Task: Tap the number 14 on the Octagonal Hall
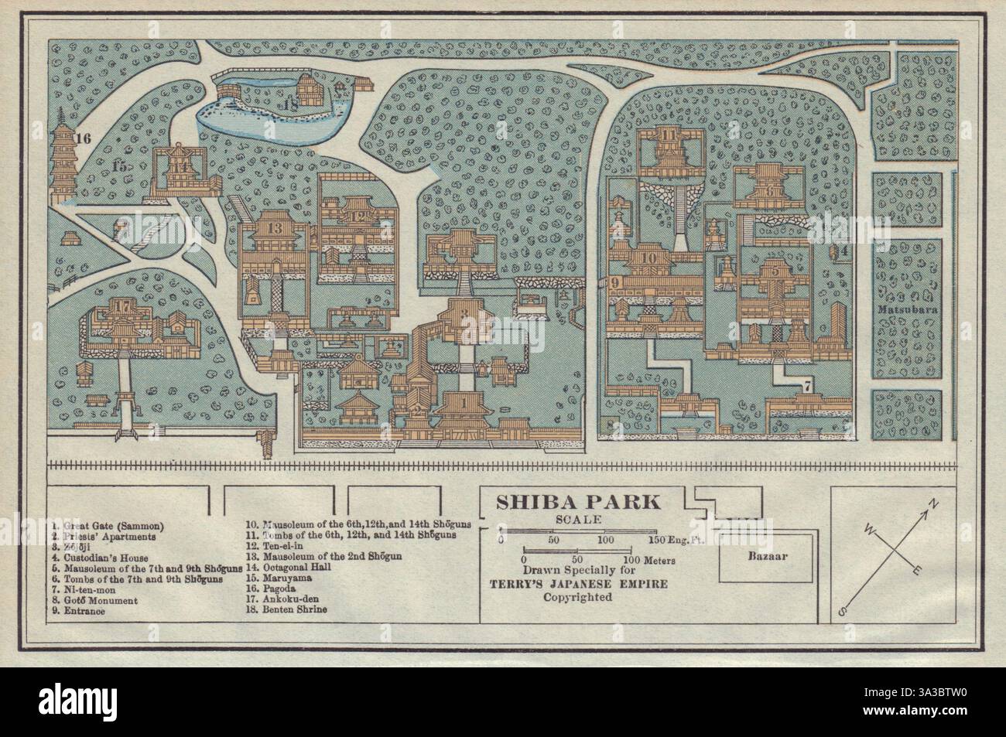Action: point(183,166)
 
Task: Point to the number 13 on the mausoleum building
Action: point(275,229)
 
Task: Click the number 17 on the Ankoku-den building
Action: point(120,305)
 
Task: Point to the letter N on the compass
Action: point(933,504)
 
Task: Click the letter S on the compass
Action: point(843,612)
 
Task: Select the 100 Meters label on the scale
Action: point(649,559)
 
